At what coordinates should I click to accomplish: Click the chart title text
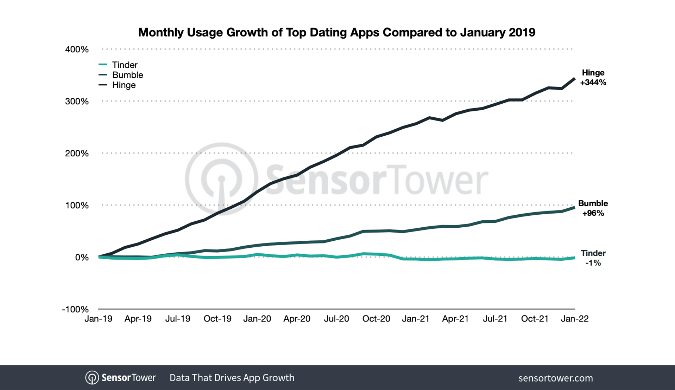336,32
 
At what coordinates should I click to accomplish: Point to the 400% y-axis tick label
77,50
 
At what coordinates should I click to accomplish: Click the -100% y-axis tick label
75,310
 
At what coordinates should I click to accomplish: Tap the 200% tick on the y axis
77,154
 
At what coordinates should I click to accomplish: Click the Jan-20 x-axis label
257,319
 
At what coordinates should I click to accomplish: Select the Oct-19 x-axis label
217,319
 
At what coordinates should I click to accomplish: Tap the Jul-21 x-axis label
495,319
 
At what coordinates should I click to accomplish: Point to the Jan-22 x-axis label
574,319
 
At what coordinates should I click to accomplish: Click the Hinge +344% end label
593,78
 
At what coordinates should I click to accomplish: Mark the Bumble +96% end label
593,208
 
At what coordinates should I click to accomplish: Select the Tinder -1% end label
593,258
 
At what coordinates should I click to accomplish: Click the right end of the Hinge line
574,79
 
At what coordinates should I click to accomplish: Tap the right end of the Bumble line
574,208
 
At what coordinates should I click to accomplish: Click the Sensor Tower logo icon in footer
92,378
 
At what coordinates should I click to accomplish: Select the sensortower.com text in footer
555,378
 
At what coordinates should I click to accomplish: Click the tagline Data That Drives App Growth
232,378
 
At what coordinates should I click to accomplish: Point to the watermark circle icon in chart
221,178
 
